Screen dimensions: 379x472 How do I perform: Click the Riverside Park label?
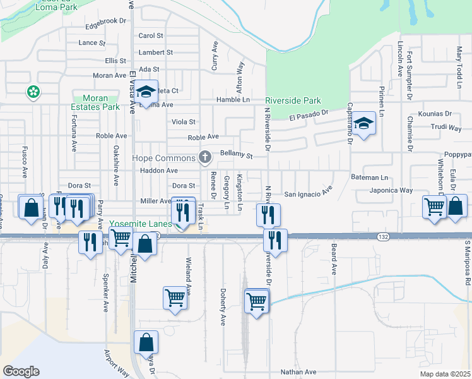coord(293,100)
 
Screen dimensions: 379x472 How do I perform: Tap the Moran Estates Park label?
coord(101,103)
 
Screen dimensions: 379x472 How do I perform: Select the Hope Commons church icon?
coord(204,157)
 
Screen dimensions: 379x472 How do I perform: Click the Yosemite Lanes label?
coord(141,224)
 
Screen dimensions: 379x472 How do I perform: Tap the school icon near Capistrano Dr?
coord(363,124)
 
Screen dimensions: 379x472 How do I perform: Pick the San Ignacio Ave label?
coord(308,193)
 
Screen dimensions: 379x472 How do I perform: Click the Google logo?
coord(20,371)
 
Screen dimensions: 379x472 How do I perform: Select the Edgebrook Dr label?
coord(102,21)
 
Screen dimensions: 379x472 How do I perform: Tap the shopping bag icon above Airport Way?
coord(146,342)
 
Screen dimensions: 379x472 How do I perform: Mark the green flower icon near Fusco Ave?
coord(32,93)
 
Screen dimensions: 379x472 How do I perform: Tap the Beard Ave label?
coord(334,260)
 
